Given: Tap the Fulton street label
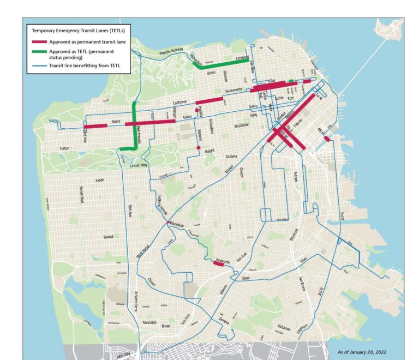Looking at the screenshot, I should pyautogui.click(x=65, y=148).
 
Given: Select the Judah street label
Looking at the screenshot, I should pyautogui.click(x=99, y=179).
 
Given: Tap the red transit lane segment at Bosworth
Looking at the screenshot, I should pyautogui.click(x=220, y=266).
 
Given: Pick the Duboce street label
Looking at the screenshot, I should pyautogui.click(x=232, y=157).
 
